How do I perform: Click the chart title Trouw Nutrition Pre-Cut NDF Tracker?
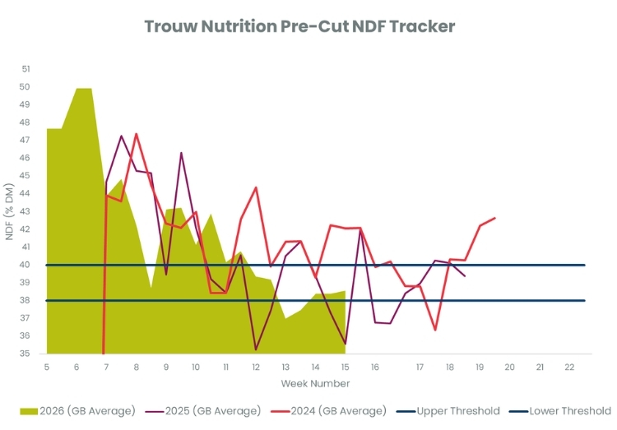[299, 26]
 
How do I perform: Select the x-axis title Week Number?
[315, 384]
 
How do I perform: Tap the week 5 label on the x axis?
[47, 367]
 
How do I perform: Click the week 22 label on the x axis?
[568, 367]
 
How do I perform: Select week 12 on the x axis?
[256, 367]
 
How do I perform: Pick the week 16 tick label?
[375, 367]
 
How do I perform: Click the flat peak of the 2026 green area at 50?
[84, 89]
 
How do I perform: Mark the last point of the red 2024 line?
[494, 218]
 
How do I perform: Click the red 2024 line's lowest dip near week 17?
[435, 330]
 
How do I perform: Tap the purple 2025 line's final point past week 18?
[465, 275]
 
